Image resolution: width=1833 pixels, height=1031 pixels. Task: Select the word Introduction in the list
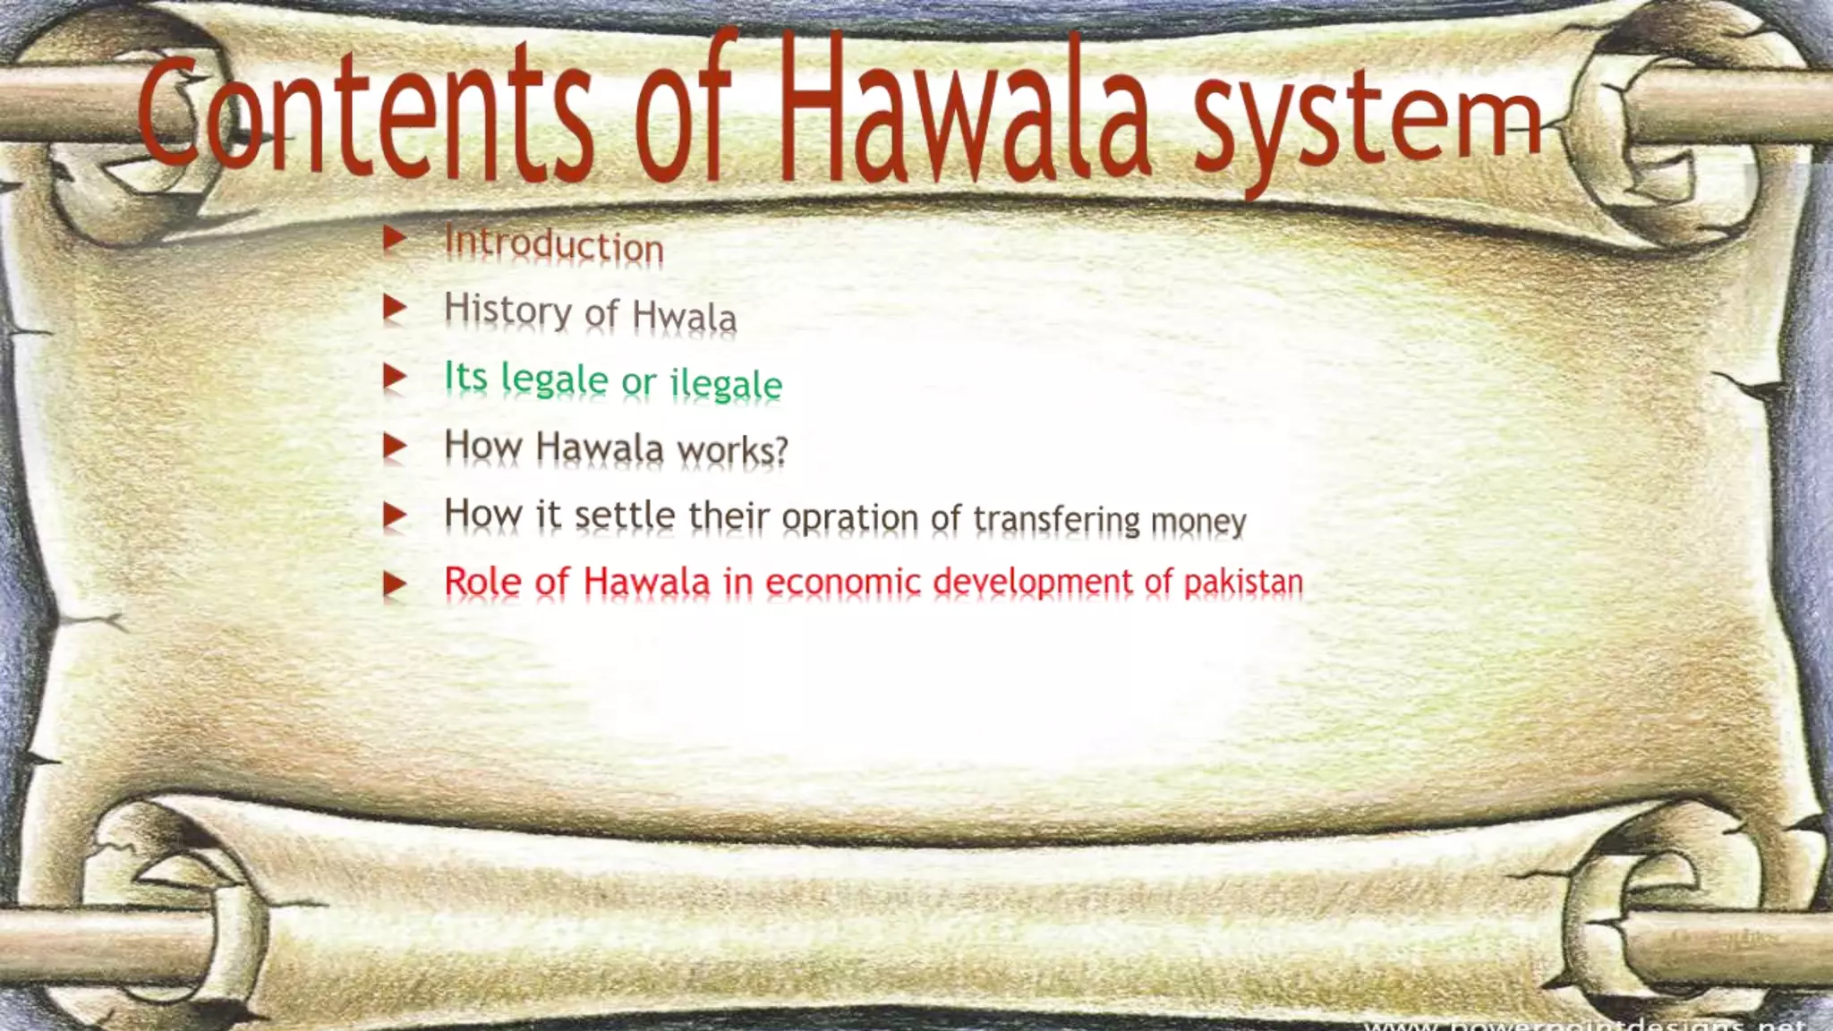(x=554, y=244)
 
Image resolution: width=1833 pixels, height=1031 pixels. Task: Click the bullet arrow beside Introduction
(x=395, y=239)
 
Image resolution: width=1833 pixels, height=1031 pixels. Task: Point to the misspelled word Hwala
(x=684, y=316)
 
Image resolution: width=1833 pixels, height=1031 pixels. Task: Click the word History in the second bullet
(x=507, y=310)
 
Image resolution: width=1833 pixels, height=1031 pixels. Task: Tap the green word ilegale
(x=726, y=383)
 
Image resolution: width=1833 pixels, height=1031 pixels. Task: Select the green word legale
(x=554, y=379)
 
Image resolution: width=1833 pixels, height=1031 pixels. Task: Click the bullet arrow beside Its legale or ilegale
(x=395, y=377)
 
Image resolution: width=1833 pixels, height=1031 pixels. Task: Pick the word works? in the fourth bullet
(x=732, y=449)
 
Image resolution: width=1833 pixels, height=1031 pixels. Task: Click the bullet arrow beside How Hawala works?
(x=395, y=446)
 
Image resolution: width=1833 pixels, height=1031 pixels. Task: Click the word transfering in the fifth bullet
(x=1056, y=519)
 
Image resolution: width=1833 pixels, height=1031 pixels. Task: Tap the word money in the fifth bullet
(x=1198, y=520)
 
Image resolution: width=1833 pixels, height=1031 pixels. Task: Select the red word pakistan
(x=1243, y=582)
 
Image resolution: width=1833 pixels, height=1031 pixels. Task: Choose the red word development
(x=1033, y=582)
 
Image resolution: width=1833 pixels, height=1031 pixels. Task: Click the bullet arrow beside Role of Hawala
(x=395, y=584)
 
